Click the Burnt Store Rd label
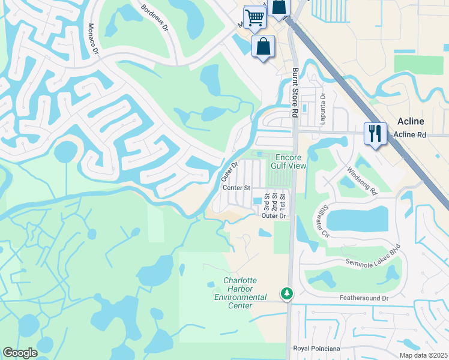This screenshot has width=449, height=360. point(295,92)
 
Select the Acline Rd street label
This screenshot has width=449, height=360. point(409,135)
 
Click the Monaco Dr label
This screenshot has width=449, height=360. point(93,38)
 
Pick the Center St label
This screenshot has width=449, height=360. point(236,188)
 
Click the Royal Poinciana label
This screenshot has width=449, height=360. point(316,349)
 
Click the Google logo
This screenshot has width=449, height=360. point(20,352)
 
